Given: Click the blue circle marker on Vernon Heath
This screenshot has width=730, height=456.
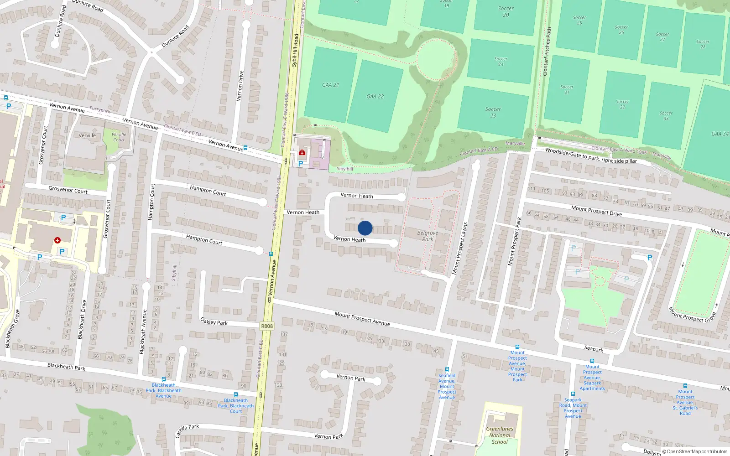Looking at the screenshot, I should click(365, 228).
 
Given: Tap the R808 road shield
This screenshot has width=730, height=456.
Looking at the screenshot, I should click(267, 326).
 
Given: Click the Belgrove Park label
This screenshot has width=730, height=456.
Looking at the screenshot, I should click(428, 236).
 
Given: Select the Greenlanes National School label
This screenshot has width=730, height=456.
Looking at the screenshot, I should click(500, 435).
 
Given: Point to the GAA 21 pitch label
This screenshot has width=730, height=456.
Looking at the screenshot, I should click(330, 85).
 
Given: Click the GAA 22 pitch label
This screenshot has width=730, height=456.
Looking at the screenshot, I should click(375, 97).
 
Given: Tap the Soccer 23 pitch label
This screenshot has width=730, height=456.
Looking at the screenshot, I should click(493, 112).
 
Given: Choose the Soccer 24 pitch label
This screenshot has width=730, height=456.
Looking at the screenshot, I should click(501, 62).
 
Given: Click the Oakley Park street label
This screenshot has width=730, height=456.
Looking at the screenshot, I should click(214, 321).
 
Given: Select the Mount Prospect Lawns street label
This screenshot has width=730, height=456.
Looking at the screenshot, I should click(459, 249).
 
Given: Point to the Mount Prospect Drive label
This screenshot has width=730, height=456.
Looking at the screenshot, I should click(596, 211).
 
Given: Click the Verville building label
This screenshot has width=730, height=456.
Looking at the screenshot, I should click(87, 135).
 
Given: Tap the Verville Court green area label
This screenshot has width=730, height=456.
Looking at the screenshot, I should click(119, 137).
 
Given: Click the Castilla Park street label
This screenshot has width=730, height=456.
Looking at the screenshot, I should click(187, 430).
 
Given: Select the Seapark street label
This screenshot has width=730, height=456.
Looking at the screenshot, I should click(594, 349).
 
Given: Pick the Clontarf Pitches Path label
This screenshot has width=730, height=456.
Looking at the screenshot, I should click(547, 51).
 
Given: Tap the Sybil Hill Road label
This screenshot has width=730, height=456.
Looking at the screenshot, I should click(295, 50).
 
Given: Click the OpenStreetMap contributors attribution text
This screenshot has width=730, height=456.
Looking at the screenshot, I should click(695, 451).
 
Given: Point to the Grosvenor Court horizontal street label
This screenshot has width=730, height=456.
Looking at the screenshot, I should click(68, 190).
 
